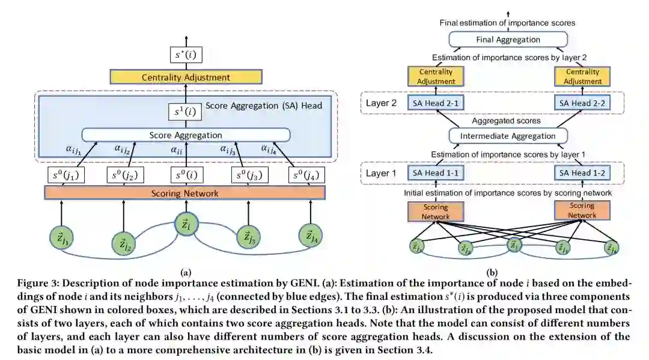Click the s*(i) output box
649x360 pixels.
pyautogui.click(x=186, y=56)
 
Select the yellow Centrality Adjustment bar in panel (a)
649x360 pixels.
pyautogui.click(x=186, y=77)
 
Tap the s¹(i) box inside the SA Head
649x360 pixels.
pyautogui.click(x=186, y=112)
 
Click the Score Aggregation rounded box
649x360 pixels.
pyautogui.click(x=186, y=135)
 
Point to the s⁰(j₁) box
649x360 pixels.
pyautogui.click(x=66, y=175)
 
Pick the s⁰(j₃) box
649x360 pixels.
pyautogui.click(x=246, y=175)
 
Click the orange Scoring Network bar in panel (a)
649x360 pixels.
pyautogui.click(x=184, y=193)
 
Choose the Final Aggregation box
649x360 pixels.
pyautogui.click(x=508, y=40)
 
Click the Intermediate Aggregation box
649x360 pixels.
pyautogui.click(x=508, y=136)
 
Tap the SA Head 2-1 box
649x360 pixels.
pyautogui.click(x=436, y=103)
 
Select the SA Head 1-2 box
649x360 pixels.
pyautogui.click(x=582, y=173)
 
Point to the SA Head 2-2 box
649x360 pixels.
pyautogui.click(x=582, y=103)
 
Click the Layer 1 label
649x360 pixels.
pyautogui.click(x=382, y=173)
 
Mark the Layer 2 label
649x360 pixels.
pyautogui.click(x=382, y=103)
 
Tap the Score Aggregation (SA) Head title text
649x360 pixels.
pyautogui.click(x=264, y=106)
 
